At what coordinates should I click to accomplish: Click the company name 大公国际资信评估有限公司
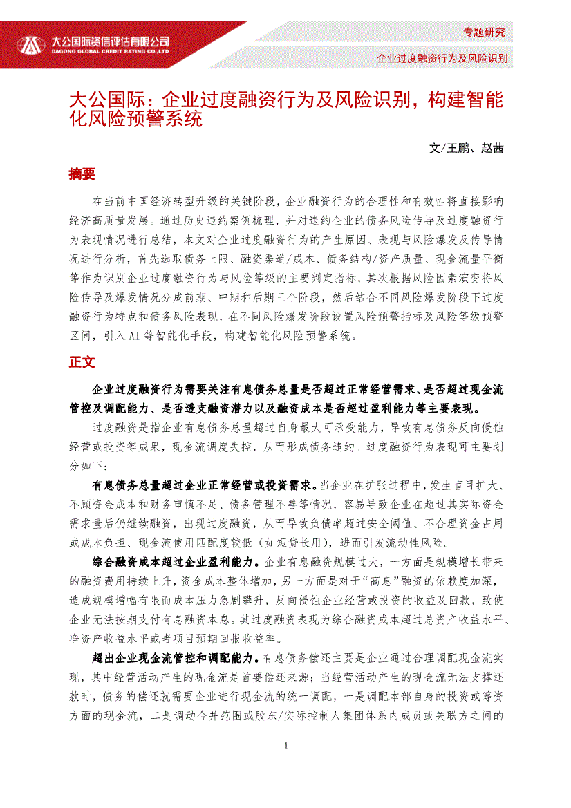tap(111, 40)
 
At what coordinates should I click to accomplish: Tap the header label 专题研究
tap(484, 32)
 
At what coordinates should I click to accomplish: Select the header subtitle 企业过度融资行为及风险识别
tap(442, 58)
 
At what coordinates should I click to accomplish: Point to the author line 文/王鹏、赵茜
tap(466, 148)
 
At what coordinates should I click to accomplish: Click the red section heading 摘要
tap(82, 174)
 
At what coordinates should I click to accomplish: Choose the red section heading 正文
tap(82, 362)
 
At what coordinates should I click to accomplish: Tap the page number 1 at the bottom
tap(285, 745)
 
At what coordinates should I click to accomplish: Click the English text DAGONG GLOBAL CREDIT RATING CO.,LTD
tap(111, 50)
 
